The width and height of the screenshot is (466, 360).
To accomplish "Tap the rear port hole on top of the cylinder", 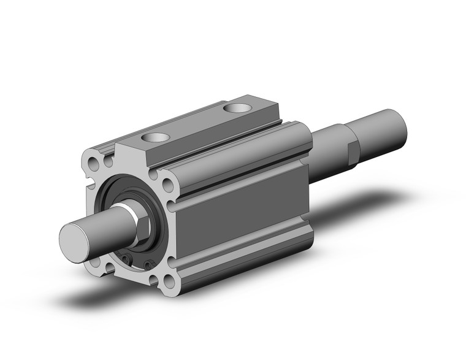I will click(237, 109).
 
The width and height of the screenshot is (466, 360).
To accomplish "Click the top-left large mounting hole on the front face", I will click(94, 164).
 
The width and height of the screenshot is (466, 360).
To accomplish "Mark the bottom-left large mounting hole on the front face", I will click(94, 262).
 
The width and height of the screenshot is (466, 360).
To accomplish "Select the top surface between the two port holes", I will click(196, 123).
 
